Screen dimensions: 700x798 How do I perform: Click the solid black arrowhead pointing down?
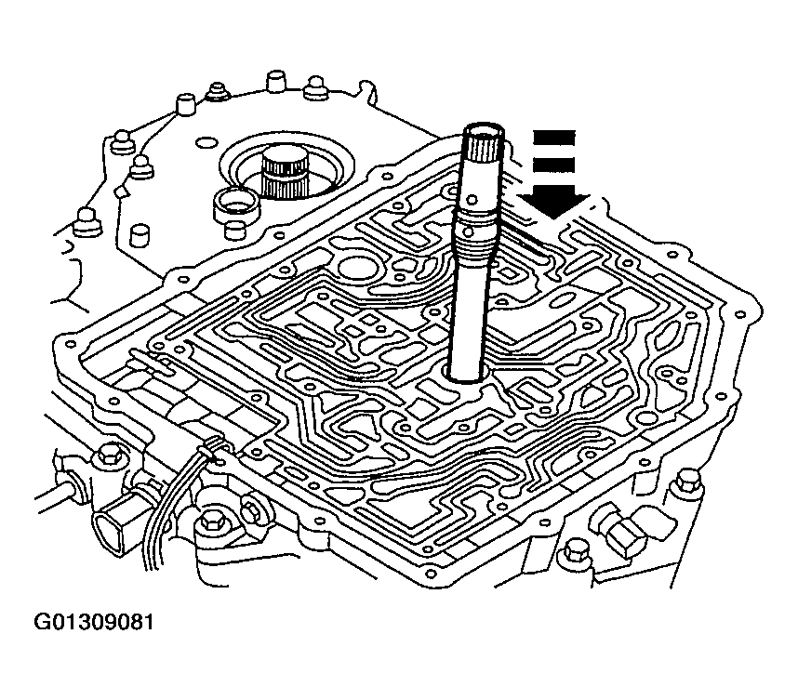coord(554,201)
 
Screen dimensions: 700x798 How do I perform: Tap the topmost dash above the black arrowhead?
coord(552,137)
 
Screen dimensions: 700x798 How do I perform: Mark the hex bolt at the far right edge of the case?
coord(687,480)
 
